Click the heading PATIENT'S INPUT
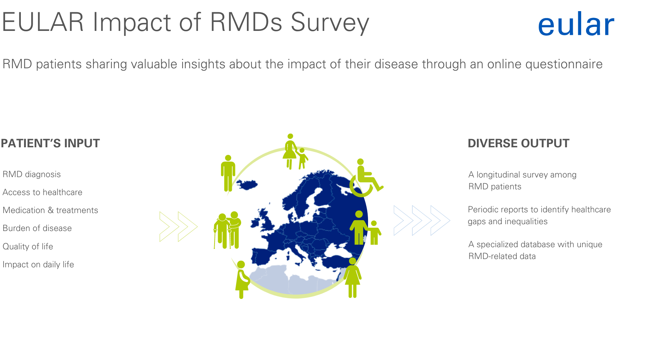click(50, 143)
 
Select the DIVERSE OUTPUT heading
click(519, 143)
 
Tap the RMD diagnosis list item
click(32, 175)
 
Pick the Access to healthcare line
click(42, 192)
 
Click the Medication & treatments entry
click(50, 210)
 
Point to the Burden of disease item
click(37, 228)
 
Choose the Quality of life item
click(28, 246)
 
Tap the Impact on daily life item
click(38, 264)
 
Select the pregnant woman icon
click(242, 280)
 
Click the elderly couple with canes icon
click(227, 230)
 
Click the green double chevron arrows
click(179, 226)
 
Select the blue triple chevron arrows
click(422, 220)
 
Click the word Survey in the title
click(330, 23)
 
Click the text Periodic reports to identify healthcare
click(539, 209)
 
